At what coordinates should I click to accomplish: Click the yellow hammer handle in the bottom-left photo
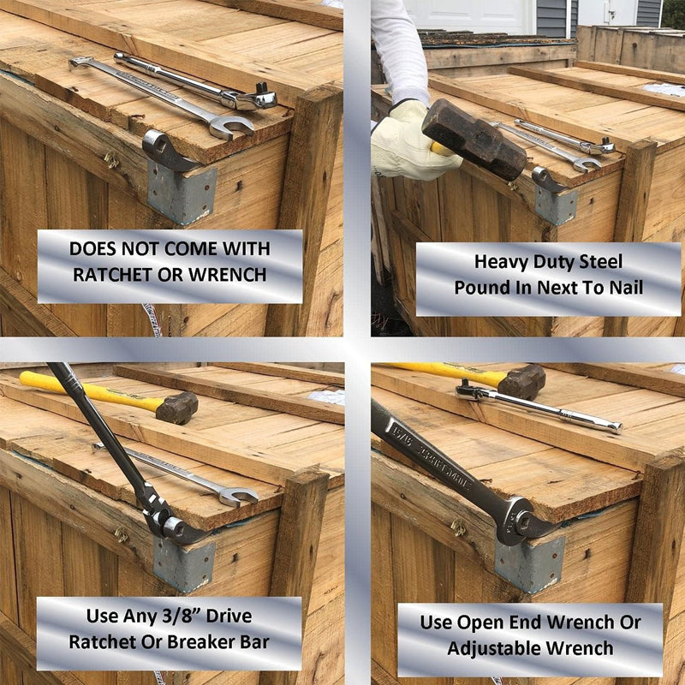(86, 390)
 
